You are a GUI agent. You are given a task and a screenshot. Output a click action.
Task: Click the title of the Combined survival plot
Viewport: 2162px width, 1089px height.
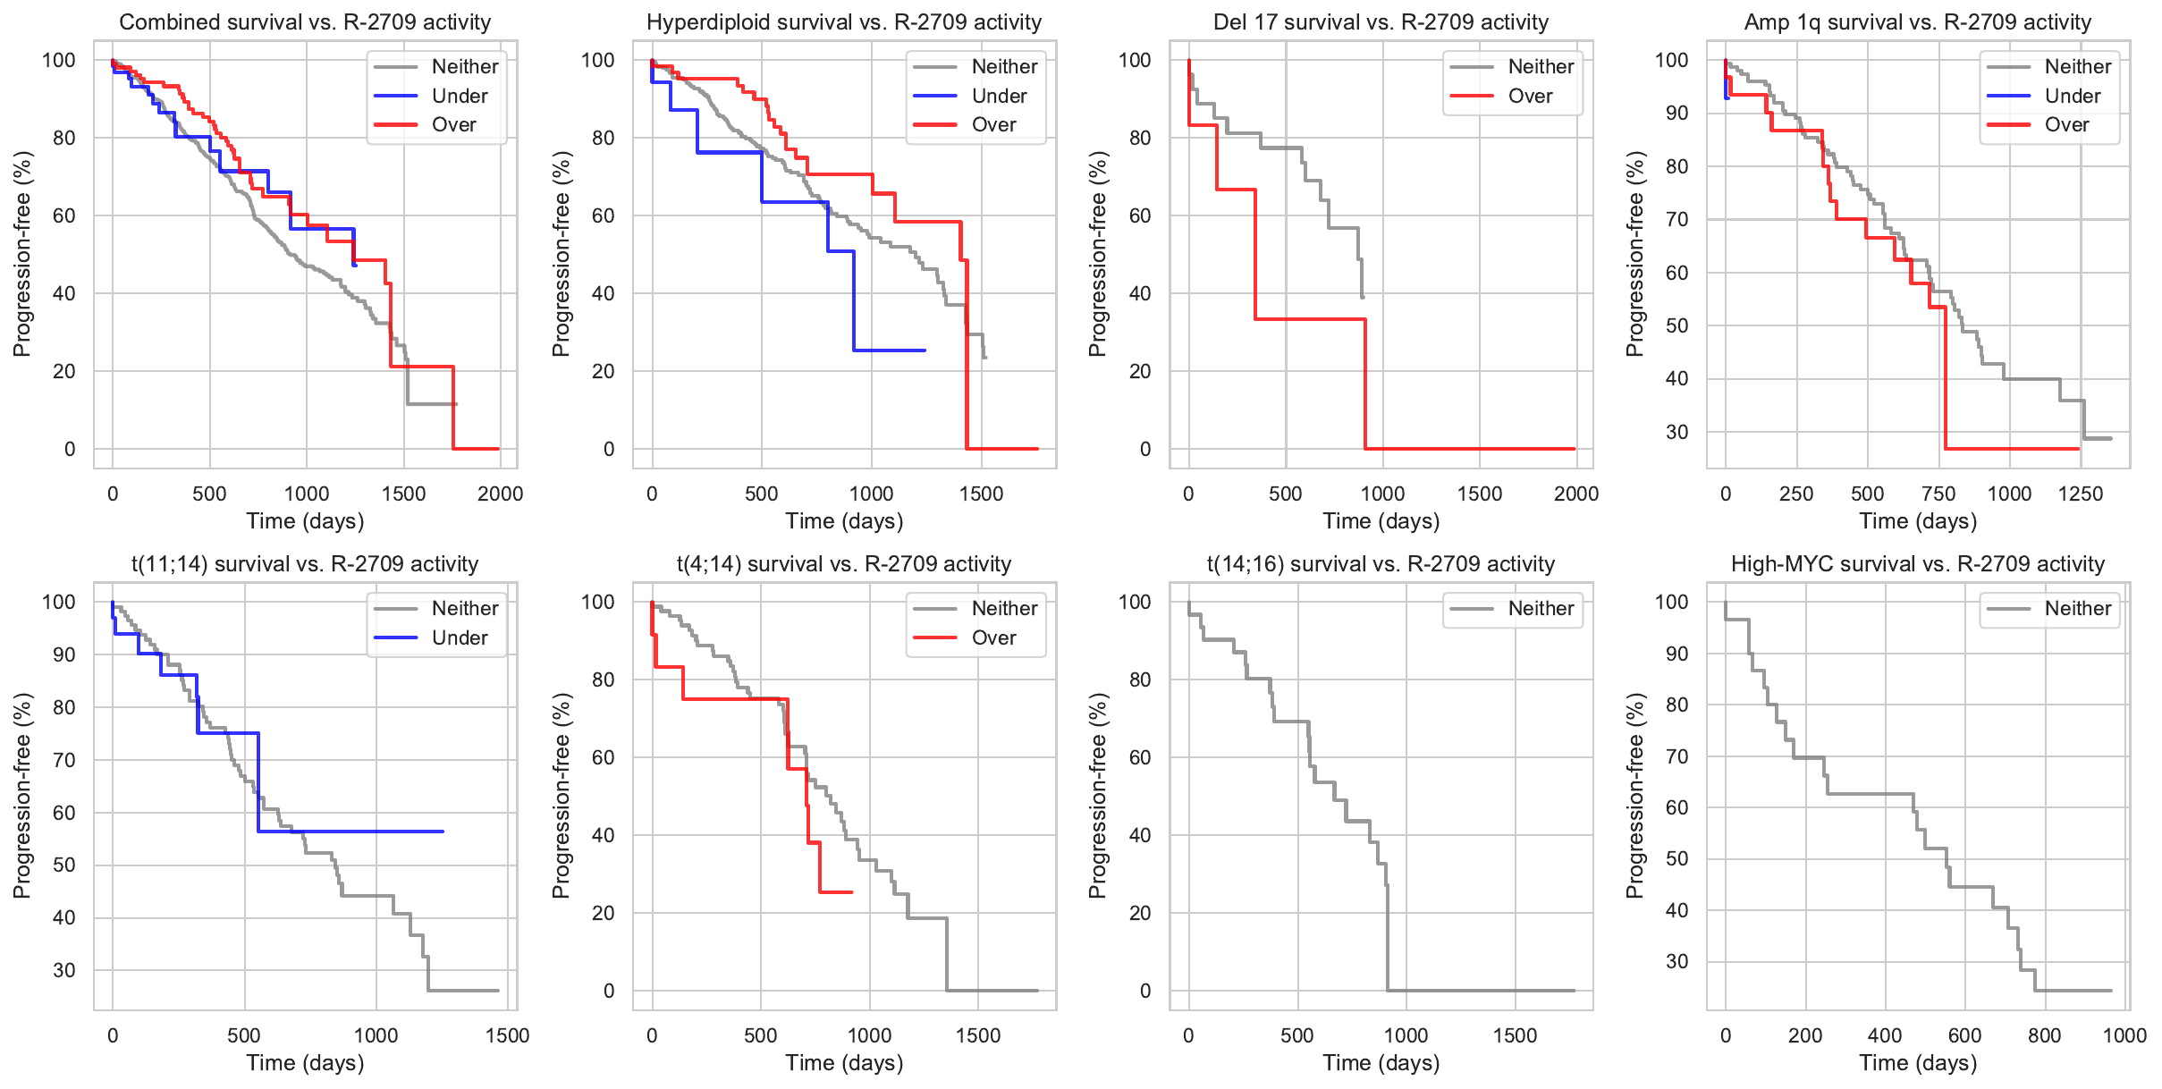(305, 22)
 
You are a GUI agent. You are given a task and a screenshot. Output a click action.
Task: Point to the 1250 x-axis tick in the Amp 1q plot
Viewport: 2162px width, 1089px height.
(2081, 494)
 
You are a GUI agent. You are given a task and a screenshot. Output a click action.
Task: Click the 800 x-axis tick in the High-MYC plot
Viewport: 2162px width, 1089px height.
(2045, 1035)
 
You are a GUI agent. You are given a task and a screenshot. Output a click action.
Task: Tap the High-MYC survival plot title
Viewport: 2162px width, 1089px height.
(1918, 564)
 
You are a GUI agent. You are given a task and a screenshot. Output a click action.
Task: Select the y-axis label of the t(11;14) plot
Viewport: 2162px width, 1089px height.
(22, 796)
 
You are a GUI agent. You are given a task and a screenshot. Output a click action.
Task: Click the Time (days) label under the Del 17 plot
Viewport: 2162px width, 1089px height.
(1381, 521)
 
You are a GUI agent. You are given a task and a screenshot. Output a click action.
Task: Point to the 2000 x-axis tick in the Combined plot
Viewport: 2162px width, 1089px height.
(501, 494)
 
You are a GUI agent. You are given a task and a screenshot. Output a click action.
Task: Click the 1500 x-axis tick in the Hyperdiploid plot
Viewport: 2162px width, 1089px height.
(982, 494)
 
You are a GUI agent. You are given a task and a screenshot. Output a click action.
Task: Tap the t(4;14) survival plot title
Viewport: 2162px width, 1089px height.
(844, 564)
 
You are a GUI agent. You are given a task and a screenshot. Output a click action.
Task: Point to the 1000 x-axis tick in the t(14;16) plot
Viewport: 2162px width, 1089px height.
(1406, 1035)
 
